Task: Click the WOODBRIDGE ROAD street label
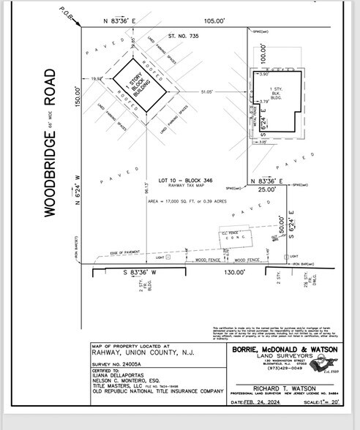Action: click(x=50, y=143)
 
